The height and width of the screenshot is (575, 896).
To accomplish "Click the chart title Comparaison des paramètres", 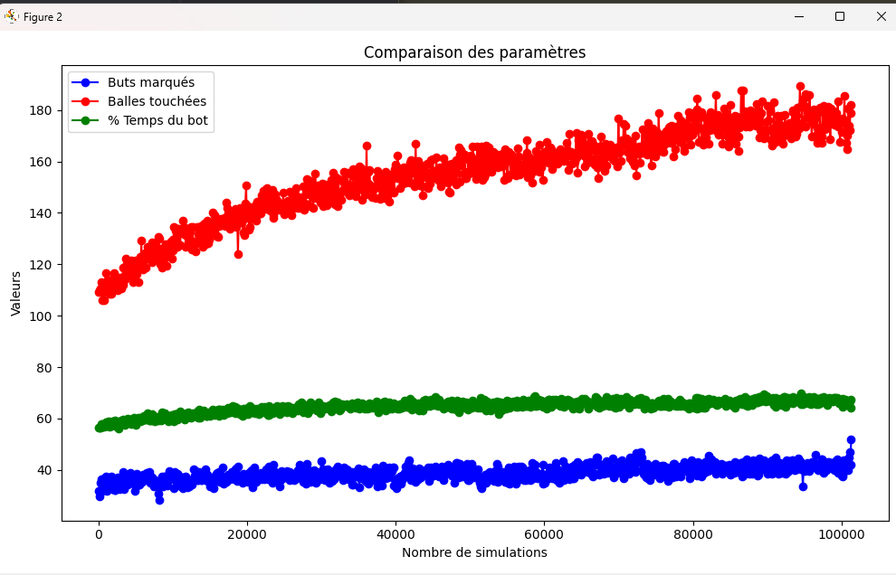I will (x=474, y=52).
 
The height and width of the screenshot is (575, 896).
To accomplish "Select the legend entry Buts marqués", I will (x=150, y=82).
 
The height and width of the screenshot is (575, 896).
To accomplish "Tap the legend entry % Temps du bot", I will (x=158, y=120).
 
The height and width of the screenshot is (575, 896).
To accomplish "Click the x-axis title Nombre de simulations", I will (x=474, y=552).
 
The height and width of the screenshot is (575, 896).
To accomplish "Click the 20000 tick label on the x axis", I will (x=247, y=534).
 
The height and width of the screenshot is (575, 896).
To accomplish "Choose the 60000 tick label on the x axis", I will (x=545, y=534).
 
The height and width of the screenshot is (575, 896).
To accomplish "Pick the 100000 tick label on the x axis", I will (x=842, y=534).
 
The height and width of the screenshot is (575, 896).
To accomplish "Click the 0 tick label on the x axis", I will (x=99, y=534).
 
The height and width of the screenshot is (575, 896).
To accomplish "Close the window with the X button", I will (x=881, y=16).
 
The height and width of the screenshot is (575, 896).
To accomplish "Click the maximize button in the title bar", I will (x=839, y=16).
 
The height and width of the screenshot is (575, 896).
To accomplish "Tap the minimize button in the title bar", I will (x=798, y=16).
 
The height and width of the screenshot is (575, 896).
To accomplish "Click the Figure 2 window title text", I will (x=43, y=17).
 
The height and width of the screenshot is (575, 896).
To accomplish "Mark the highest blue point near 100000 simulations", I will (x=851, y=439).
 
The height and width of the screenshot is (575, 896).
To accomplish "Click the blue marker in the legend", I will (x=86, y=82).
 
